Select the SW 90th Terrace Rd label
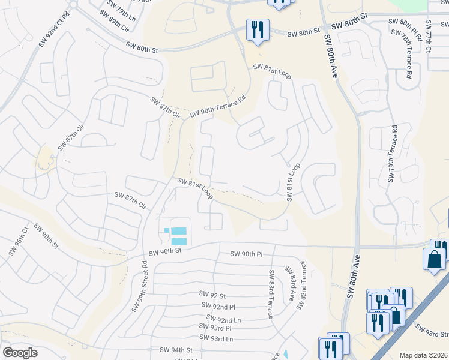[x=218, y=106]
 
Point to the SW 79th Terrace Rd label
[x=393, y=154]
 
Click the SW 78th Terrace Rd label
[x=408, y=57]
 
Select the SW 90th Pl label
[x=247, y=254]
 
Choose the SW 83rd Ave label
[x=292, y=283]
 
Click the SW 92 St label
[x=212, y=295]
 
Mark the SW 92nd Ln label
[x=223, y=320]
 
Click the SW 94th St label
[x=176, y=349]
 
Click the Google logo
[x=20, y=353]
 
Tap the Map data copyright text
[x=423, y=355]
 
